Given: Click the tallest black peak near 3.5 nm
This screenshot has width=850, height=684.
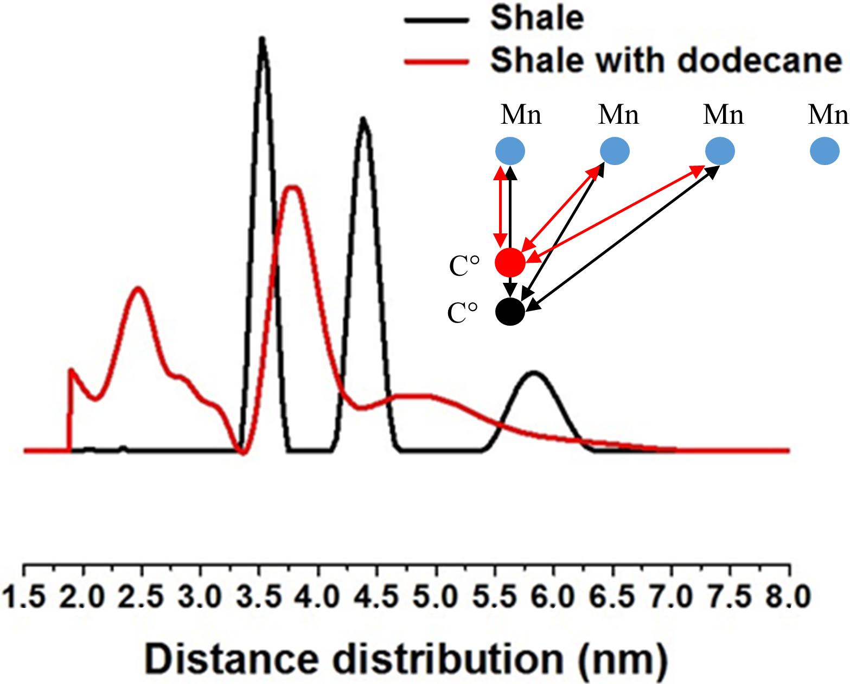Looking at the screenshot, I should (262, 41).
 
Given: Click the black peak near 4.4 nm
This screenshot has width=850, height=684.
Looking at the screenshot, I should (363, 120).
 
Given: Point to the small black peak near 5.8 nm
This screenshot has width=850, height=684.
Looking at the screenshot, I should (534, 373).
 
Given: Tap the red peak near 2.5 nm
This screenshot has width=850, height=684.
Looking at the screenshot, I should (138, 289).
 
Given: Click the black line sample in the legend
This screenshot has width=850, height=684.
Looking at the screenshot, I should (436, 20).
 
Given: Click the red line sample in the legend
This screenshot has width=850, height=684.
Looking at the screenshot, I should (436, 61).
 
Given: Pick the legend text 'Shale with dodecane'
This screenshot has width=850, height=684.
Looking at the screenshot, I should (666, 60).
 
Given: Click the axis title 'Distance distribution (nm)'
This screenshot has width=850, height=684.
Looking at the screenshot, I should (406, 660).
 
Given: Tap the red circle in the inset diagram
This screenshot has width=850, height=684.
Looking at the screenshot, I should (510, 262).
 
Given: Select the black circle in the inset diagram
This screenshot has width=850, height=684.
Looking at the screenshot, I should (510, 312).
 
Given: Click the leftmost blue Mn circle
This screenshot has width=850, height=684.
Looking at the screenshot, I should (510, 151).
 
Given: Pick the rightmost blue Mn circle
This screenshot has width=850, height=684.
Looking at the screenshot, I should (825, 151).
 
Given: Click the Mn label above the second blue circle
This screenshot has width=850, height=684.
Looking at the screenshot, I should (618, 115).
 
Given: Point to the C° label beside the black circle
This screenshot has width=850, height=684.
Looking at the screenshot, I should (463, 313).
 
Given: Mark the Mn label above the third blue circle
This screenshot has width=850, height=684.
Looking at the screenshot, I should (723, 115).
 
